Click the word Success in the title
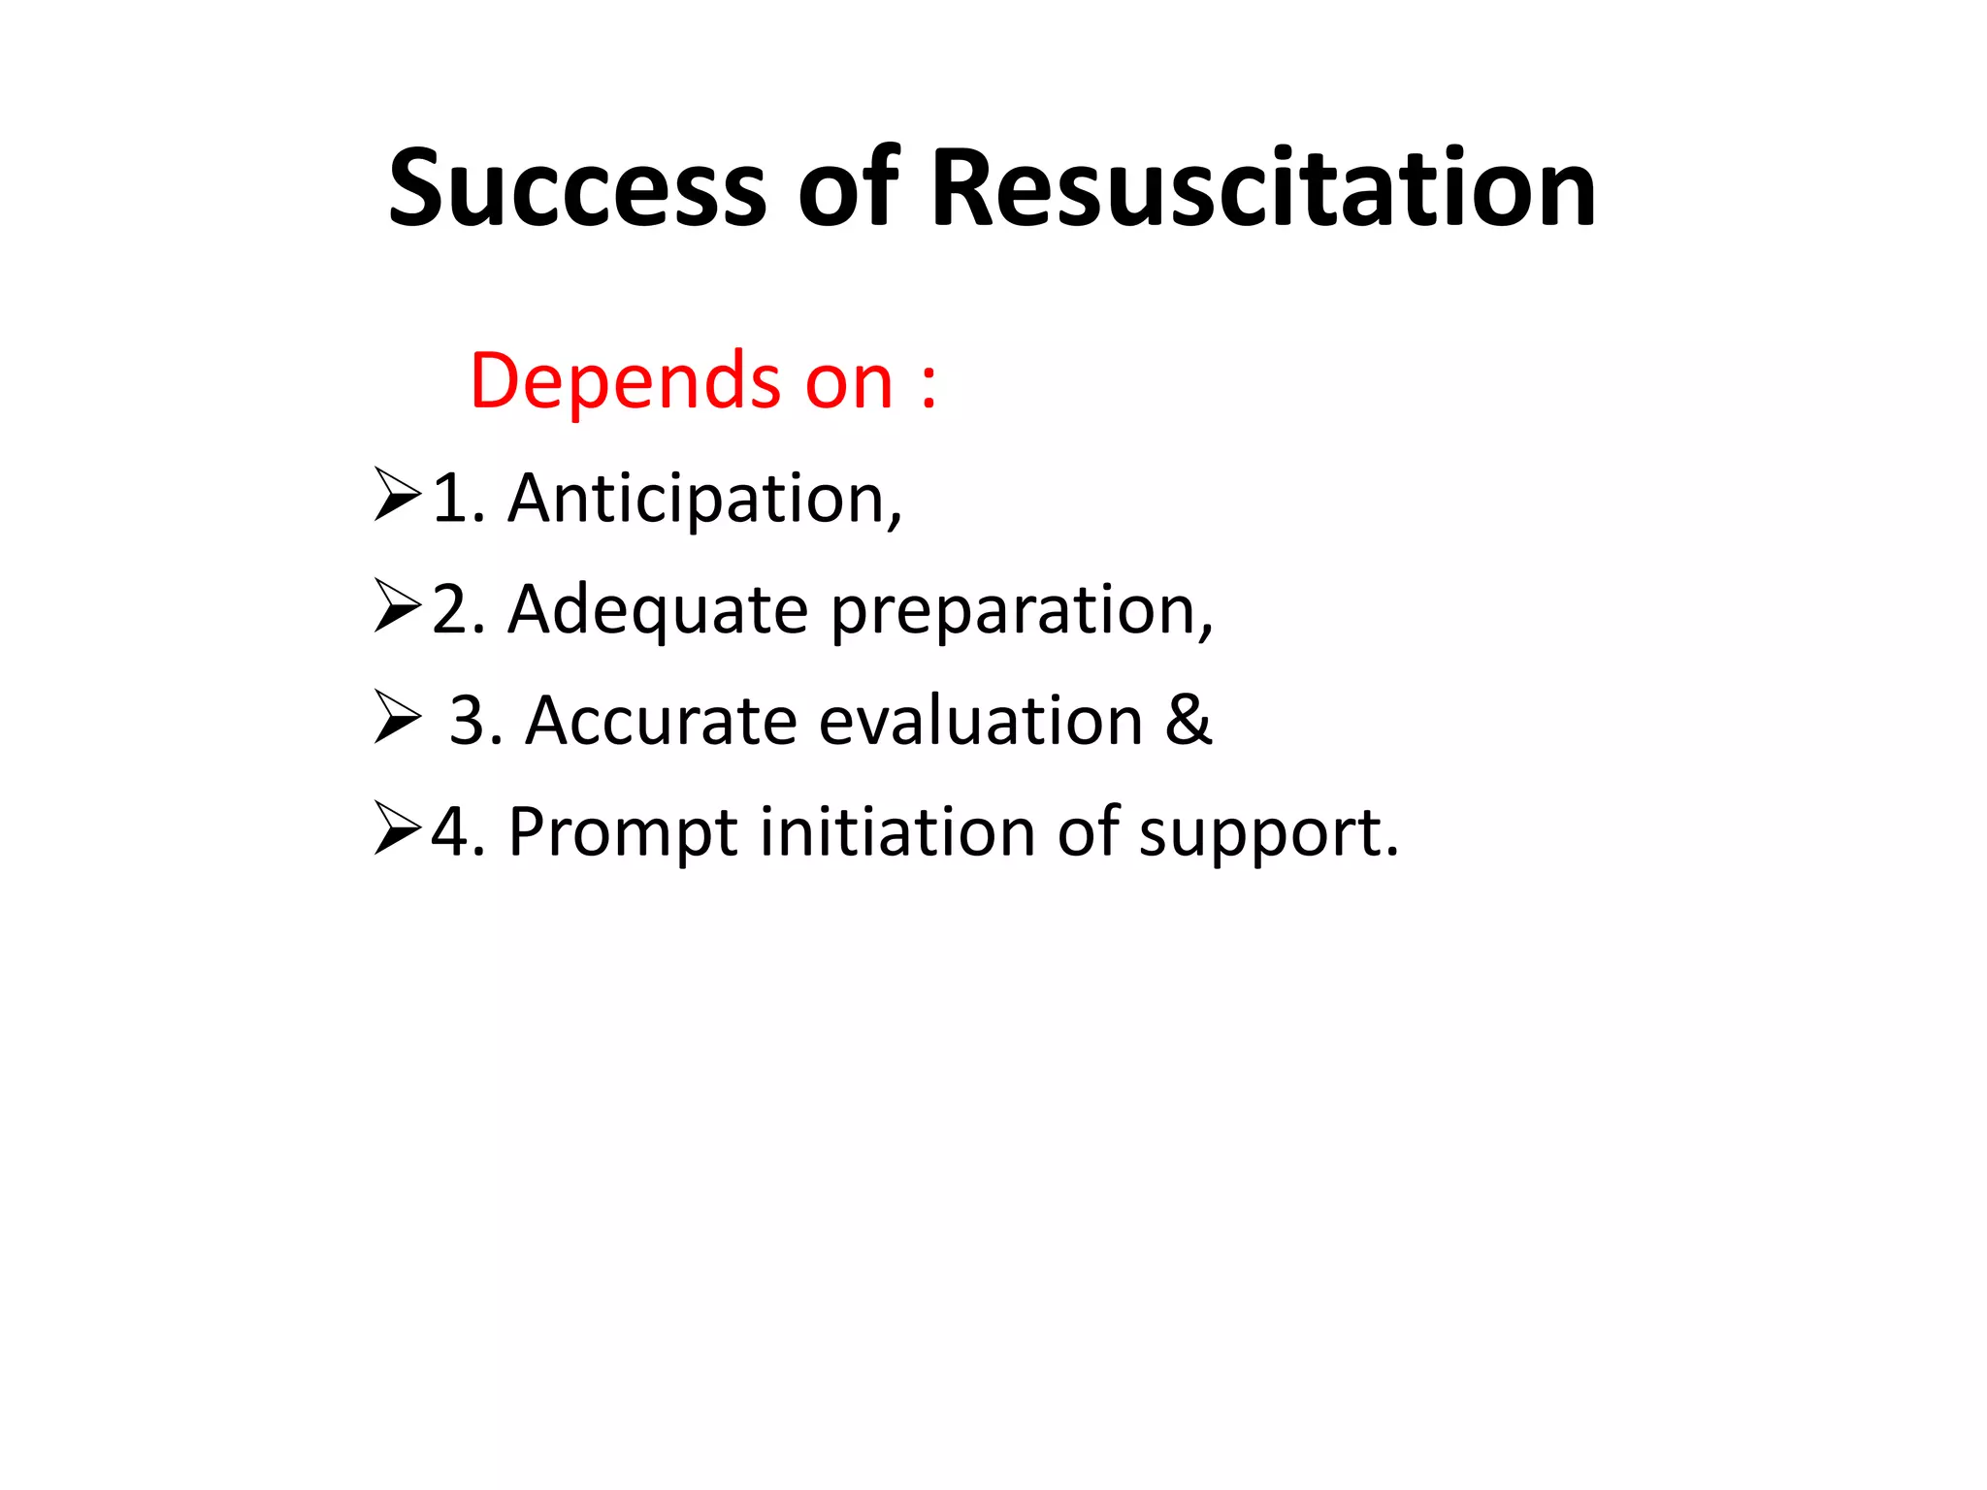coord(578,188)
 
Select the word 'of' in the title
coord(849,188)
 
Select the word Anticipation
coord(704,499)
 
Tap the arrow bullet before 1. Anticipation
coord(397,496)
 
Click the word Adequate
coord(658,610)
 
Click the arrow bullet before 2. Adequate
coord(397,607)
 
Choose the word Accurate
coord(661,722)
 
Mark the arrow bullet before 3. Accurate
coord(397,719)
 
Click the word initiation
coord(897,831)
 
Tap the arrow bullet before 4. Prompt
coord(397,829)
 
